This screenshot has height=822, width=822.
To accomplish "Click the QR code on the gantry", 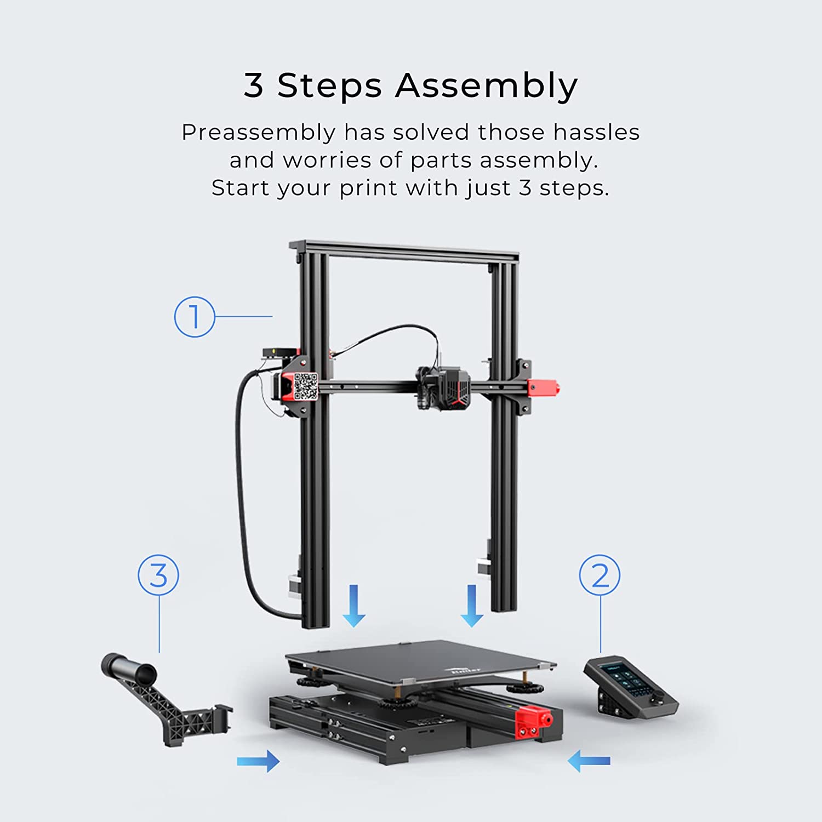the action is [x=305, y=386].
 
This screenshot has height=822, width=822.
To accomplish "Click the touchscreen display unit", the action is [x=630, y=687].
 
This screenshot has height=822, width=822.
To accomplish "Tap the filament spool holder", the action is [x=164, y=699].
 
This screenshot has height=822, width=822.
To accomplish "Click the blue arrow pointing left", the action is [x=589, y=761].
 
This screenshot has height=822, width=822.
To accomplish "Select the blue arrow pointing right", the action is [x=258, y=761].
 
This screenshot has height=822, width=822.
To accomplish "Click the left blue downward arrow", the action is [x=354, y=606].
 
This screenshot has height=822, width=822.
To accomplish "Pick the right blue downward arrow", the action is [x=472, y=606].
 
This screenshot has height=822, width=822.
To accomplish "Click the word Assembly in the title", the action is [x=487, y=87].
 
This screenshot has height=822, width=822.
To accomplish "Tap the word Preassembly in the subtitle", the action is [x=259, y=133].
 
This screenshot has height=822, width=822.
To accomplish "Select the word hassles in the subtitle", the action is [x=596, y=132].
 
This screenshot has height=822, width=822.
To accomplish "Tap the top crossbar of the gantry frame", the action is [x=404, y=250].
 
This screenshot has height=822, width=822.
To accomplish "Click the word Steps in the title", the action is [x=329, y=87].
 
